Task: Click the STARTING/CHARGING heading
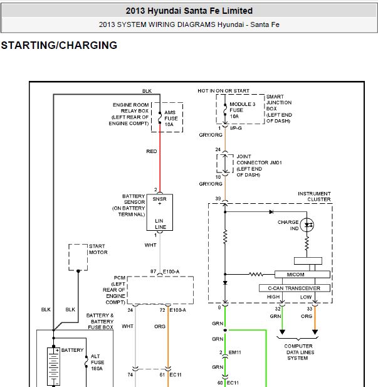[59, 45]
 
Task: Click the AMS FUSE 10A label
[171, 119]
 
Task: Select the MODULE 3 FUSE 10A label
[242, 110]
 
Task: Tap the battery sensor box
[160, 213]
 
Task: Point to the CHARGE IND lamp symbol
[307, 225]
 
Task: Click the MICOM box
[302, 275]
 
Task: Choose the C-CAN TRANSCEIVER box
[295, 288]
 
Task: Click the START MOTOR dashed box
[78, 257]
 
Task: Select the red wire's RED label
[152, 151]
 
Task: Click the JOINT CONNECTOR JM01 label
[259, 166]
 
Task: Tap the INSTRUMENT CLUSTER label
[314, 196]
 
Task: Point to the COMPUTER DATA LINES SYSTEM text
[299, 353]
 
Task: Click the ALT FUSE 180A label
[97, 363]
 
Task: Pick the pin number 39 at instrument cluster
[218, 199]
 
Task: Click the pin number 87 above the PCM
[153, 272]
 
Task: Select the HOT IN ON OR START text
[224, 91]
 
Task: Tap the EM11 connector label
[235, 353]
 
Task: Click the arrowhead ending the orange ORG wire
[315, 332]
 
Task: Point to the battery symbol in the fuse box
[53, 366]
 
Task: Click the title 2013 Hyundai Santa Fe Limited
[189, 11]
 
